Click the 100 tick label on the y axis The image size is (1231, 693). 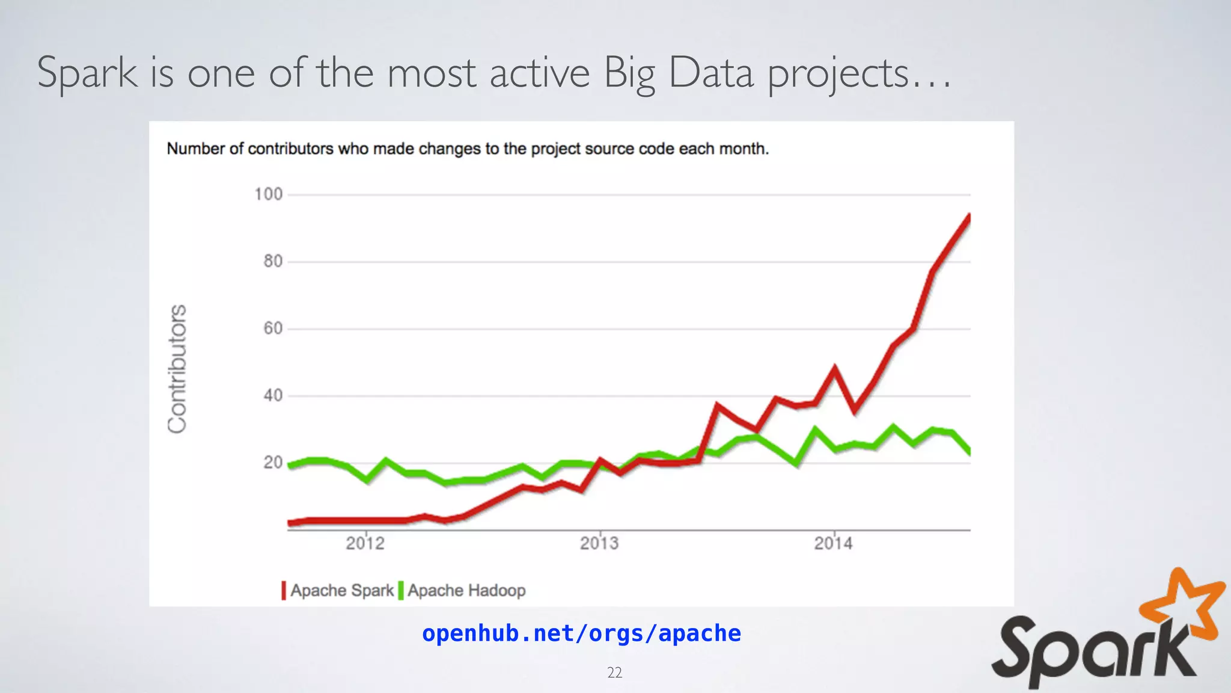coord(268,194)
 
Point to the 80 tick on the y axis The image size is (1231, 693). coord(273,262)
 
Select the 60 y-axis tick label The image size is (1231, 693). coord(273,328)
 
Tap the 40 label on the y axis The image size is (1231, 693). coord(273,396)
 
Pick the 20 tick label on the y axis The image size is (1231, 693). coord(273,463)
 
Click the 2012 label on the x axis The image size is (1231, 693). coord(365,544)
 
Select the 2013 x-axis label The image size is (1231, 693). coord(599,544)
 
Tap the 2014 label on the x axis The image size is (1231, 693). coord(833,544)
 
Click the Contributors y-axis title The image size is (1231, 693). coord(177,368)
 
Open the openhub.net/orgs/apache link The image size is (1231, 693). coord(581,633)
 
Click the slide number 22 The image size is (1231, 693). coord(614,673)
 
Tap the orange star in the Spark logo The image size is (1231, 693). coord(1185,603)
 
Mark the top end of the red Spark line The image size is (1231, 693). coord(969,217)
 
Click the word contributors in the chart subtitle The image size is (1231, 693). coord(291,149)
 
